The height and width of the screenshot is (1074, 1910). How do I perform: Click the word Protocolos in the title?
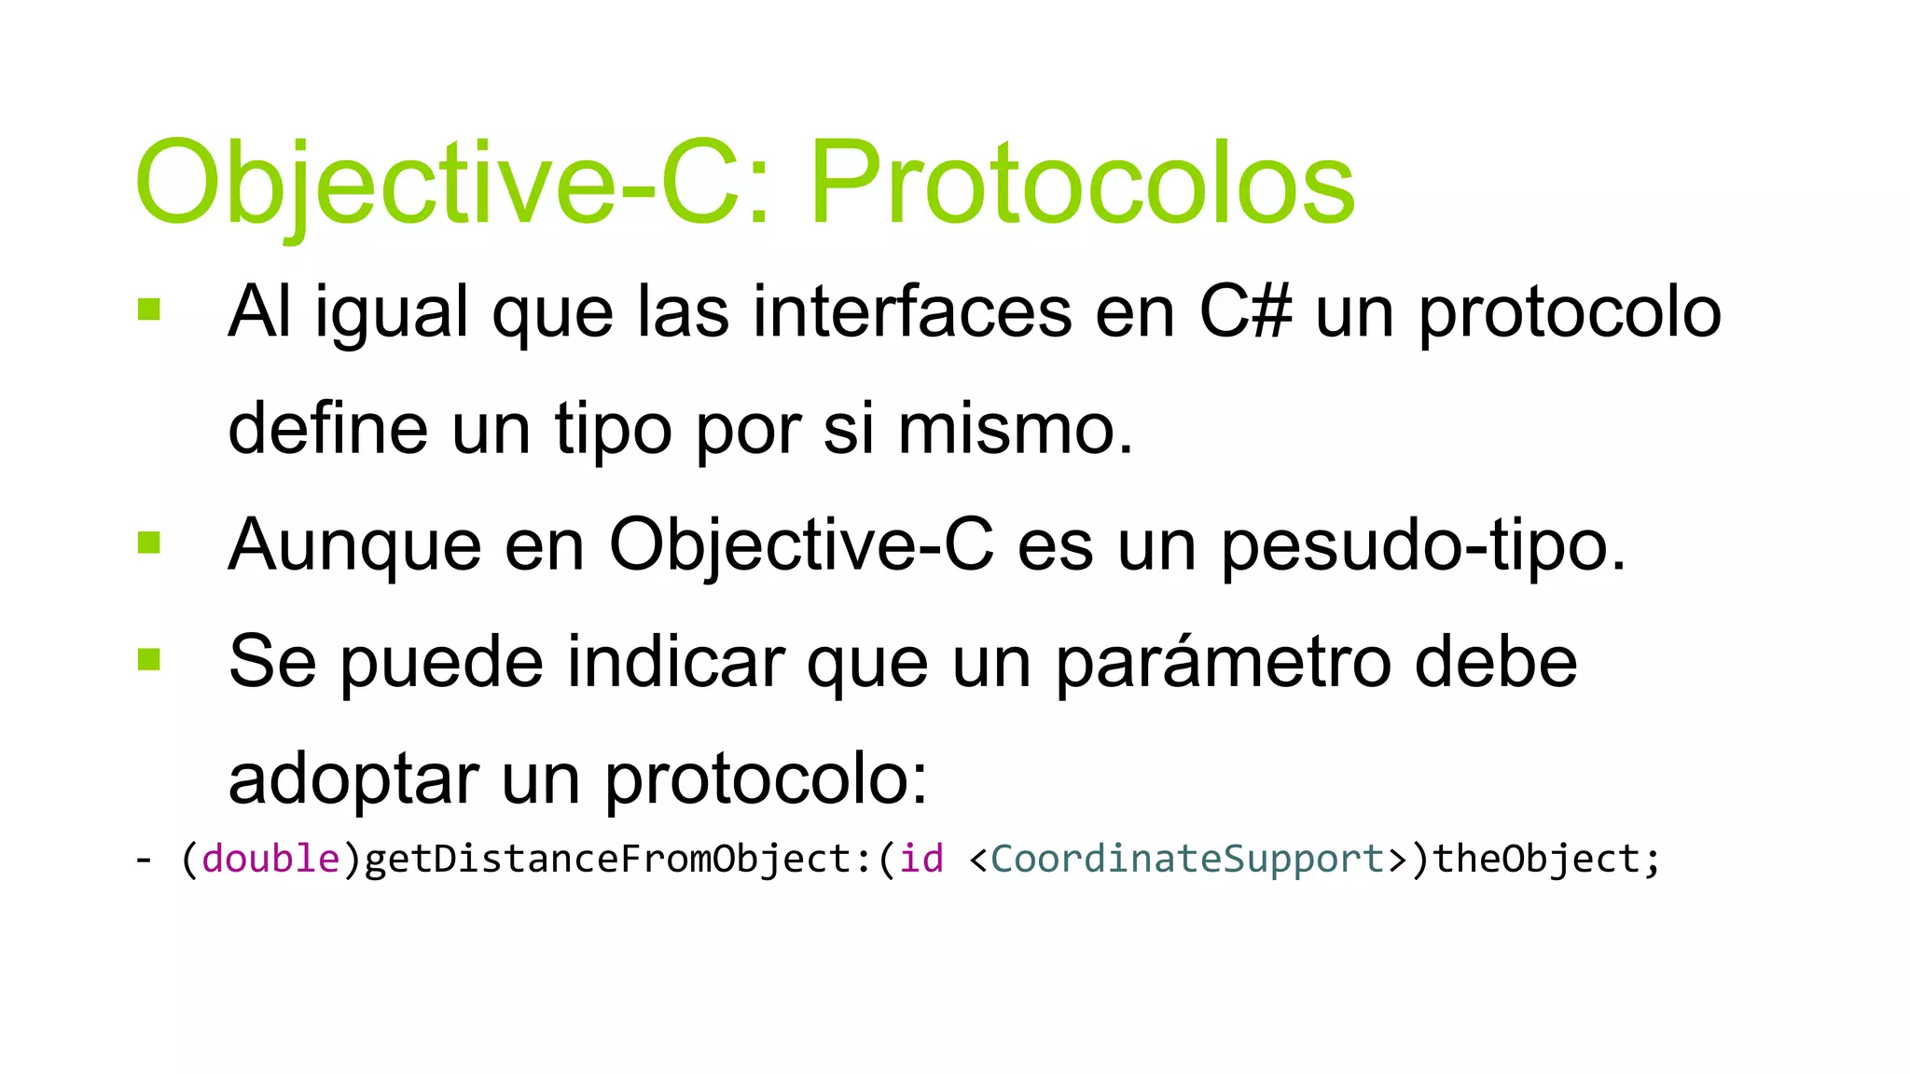[x=1082, y=183]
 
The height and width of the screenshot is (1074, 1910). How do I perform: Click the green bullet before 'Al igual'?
[x=149, y=309]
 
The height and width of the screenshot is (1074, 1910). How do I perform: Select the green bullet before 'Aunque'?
[x=149, y=542]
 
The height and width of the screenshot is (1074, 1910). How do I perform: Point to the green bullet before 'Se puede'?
[x=149, y=659]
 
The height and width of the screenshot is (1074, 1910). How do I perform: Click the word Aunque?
[x=354, y=545]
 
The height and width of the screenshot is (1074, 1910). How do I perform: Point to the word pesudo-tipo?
[x=1423, y=545]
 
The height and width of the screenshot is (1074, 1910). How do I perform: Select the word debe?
[x=1496, y=662]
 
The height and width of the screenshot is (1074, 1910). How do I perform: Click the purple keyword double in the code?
[x=270, y=859]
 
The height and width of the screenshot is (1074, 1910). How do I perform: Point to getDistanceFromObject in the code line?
[x=607, y=859]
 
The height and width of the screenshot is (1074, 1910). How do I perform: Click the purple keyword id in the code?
[x=921, y=859]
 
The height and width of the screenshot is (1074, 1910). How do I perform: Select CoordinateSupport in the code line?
[x=1187, y=859]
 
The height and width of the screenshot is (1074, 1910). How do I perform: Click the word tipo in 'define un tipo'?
[x=613, y=429]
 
